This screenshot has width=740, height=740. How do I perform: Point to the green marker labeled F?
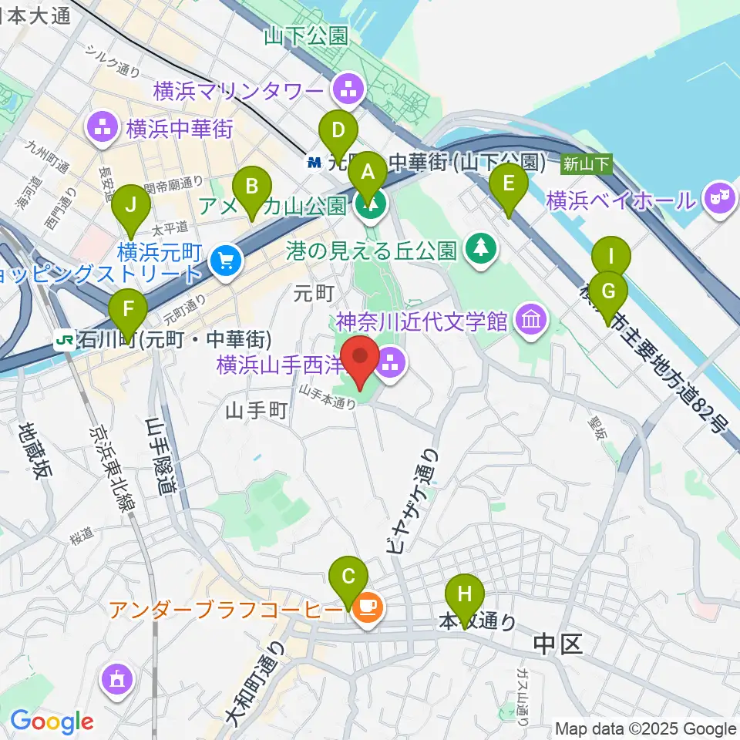(x=128, y=312)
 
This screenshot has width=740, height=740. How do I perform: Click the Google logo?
(x=52, y=721)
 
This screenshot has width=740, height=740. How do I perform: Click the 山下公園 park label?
(x=305, y=35)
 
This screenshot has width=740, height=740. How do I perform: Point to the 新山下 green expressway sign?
(x=587, y=163)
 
